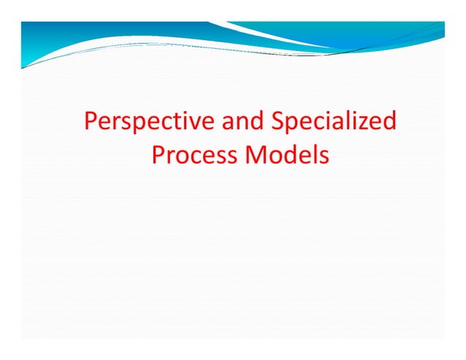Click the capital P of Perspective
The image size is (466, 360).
pyautogui.click(x=91, y=120)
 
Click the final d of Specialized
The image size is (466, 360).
pyautogui.click(x=389, y=120)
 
